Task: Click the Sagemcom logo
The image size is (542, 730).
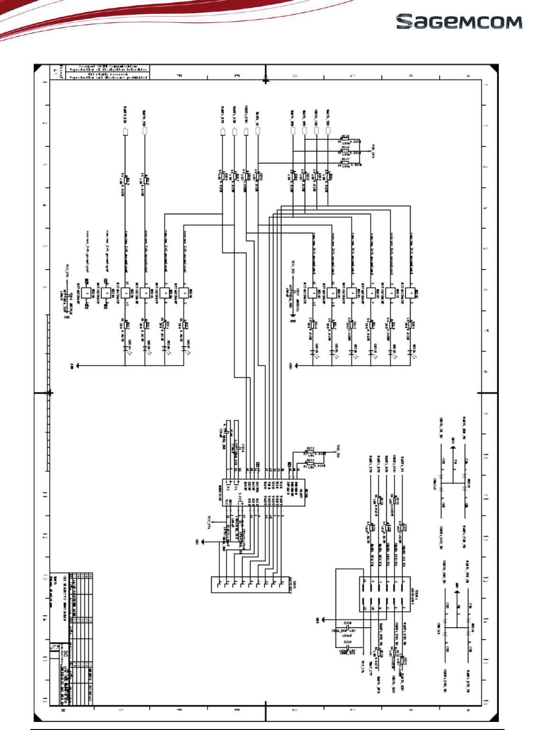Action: click(459, 22)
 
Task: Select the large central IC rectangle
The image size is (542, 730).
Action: click(264, 493)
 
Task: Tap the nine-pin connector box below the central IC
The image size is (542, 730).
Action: click(251, 585)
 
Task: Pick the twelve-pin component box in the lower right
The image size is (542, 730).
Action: click(384, 594)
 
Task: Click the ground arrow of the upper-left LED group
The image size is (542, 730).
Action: click(76, 366)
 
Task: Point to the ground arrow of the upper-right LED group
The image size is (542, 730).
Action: click(296, 366)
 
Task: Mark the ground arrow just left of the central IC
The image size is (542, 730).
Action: click(203, 541)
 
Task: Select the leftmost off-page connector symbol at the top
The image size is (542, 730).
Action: click(126, 131)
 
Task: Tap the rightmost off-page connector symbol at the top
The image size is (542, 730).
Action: click(328, 131)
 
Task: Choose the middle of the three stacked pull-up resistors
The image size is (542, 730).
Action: click(345, 152)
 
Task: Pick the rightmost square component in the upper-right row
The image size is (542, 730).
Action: click(410, 293)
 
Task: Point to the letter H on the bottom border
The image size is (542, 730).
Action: click(63, 711)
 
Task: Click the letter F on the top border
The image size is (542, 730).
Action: click(179, 76)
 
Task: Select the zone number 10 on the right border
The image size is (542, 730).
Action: click(486, 455)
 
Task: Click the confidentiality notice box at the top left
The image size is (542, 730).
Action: click(106, 72)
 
